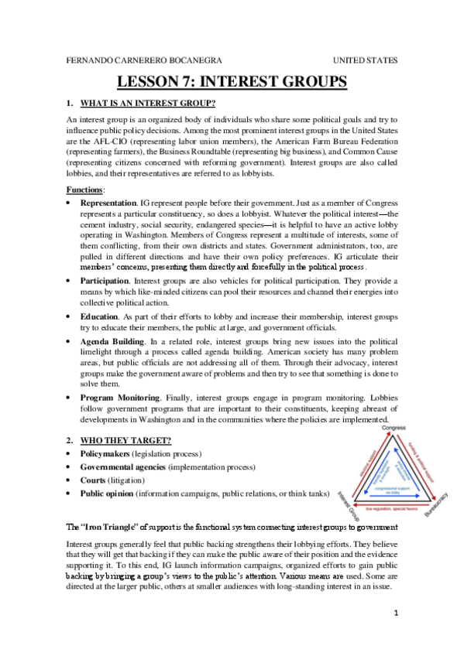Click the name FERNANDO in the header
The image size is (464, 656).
pos(86,60)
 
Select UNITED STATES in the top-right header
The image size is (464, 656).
pos(366,60)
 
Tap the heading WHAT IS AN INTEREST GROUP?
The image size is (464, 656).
pos(147,103)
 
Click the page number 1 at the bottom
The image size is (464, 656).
pos(394,615)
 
